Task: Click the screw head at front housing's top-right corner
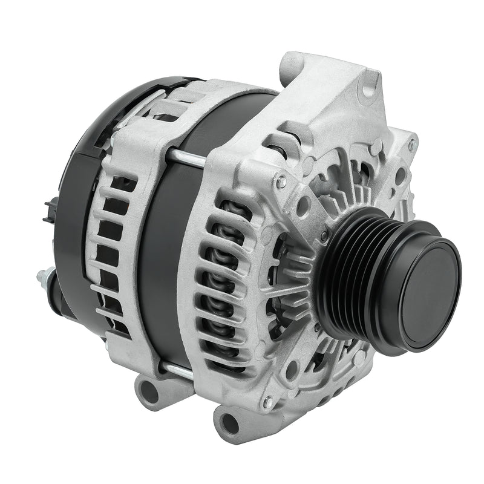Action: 412,145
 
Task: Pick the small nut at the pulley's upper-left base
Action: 324,235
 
